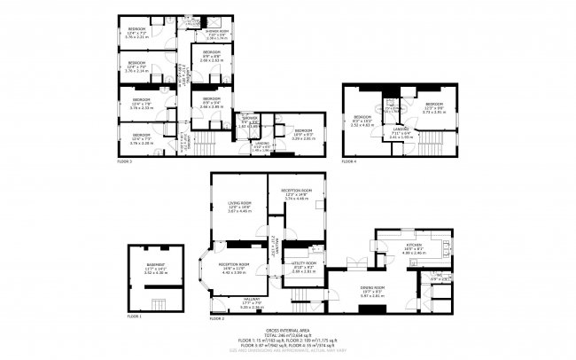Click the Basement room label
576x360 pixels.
pos(156,267)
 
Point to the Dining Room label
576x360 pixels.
pos(373,288)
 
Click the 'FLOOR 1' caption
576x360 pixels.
pos(134,316)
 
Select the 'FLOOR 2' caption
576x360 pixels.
pos(216,317)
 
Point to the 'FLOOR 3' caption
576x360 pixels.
pos(124,162)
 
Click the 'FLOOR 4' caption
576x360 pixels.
pos(349,161)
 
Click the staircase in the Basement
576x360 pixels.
pos(156,294)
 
